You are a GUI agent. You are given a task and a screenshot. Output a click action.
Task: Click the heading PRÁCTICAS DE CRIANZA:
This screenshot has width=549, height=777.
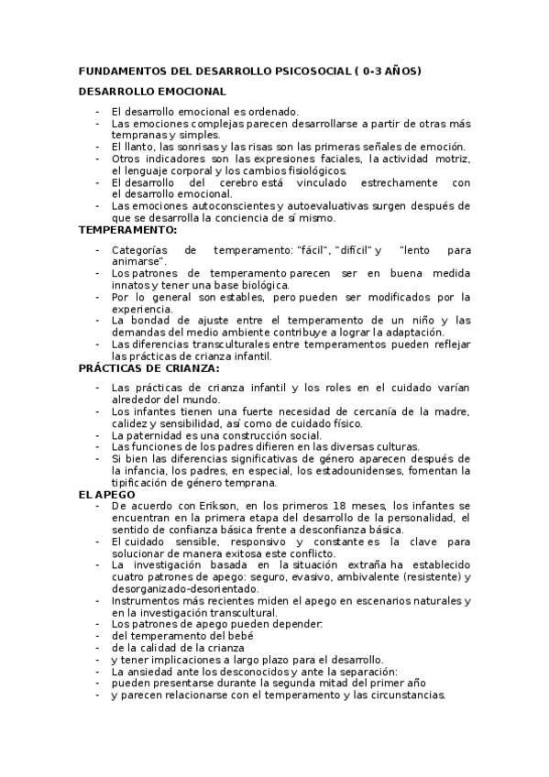tap(148, 367)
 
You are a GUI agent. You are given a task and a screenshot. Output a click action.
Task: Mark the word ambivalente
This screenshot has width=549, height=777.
tap(361, 576)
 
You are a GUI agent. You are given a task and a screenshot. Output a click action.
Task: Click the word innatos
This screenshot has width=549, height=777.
tap(130, 285)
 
